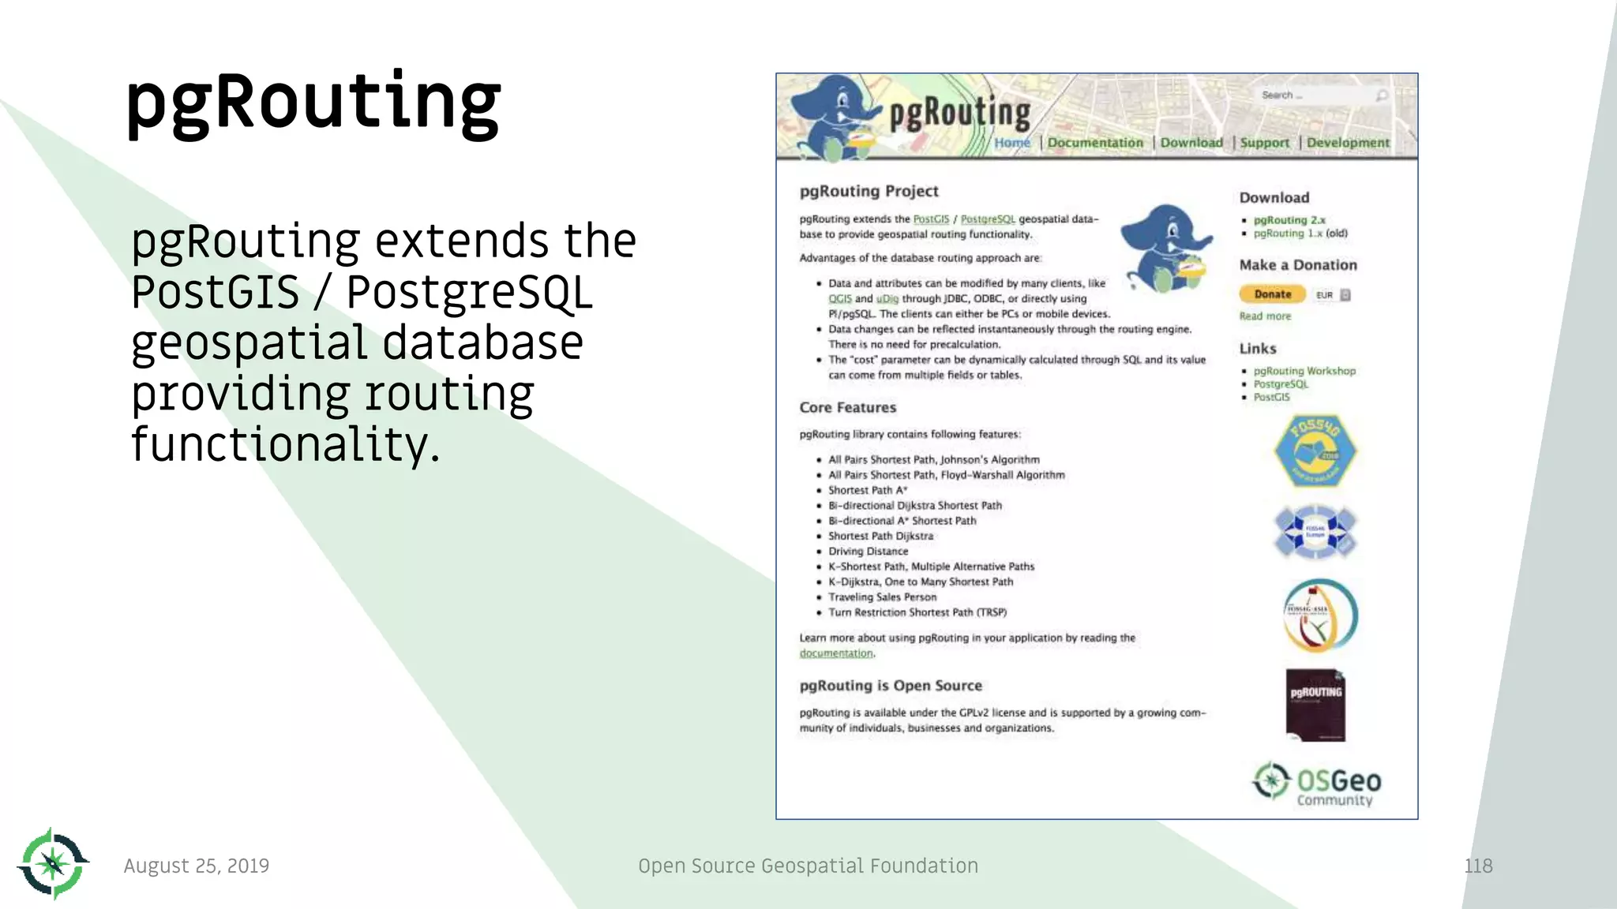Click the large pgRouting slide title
pyautogui.click(x=313, y=103)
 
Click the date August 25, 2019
pyautogui.click(x=196, y=866)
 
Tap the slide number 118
pyautogui.click(x=1478, y=866)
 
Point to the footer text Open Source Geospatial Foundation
pyautogui.click(x=808, y=866)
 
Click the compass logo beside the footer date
pyautogui.click(x=53, y=863)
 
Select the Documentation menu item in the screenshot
pyautogui.click(x=1094, y=143)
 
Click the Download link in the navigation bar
pyautogui.click(x=1191, y=143)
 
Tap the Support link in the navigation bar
pyautogui.click(x=1264, y=143)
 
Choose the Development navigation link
pyautogui.click(x=1347, y=143)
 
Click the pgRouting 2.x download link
pyautogui.click(x=1289, y=220)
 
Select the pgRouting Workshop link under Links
pyautogui.click(x=1304, y=371)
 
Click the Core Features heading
pyautogui.click(x=847, y=408)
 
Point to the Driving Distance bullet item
pyautogui.click(x=868, y=552)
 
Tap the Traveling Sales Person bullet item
pyautogui.click(x=882, y=597)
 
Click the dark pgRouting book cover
pyautogui.click(x=1315, y=705)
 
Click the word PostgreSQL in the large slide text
pyautogui.click(x=469, y=293)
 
